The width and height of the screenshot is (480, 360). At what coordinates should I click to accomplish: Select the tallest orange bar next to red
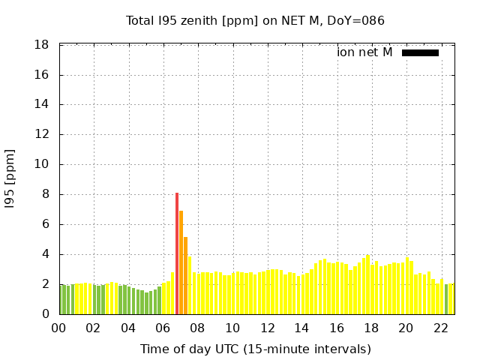(181, 262)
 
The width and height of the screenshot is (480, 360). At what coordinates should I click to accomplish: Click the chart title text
(255, 21)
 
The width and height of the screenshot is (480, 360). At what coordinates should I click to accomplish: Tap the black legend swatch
(420, 52)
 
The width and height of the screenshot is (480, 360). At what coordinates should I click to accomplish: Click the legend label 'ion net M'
(364, 52)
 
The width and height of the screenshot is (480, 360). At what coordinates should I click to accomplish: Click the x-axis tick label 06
(163, 328)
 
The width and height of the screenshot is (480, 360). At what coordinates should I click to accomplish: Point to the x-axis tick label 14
(301, 328)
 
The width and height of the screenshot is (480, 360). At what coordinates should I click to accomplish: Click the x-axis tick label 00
(58, 328)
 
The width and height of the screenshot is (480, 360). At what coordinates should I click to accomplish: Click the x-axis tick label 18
(370, 328)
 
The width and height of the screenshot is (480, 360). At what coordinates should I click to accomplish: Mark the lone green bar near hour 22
(446, 299)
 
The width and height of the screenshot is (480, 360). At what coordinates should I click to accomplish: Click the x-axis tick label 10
(232, 328)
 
